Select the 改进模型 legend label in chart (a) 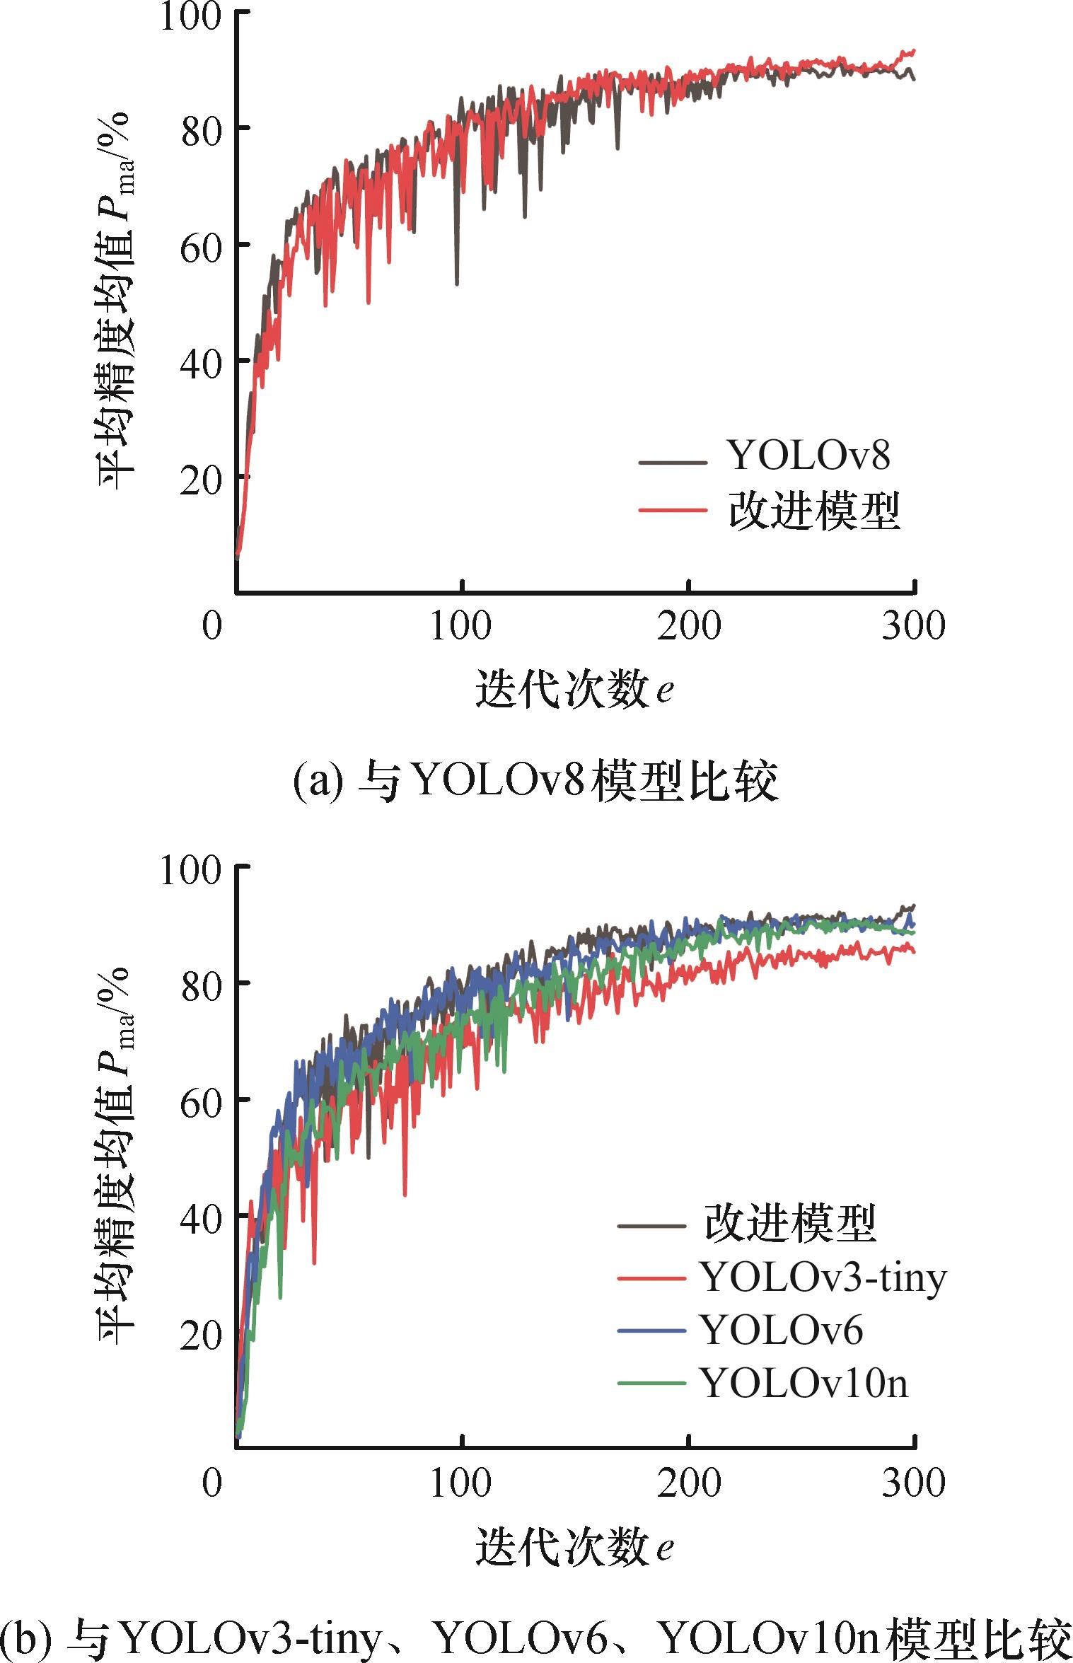coord(813,511)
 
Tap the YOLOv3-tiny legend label coord(823,1277)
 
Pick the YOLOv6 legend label coord(781,1331)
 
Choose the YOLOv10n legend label coord(804,1383)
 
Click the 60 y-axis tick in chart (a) coord(201,248)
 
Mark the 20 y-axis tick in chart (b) coord(201,1335)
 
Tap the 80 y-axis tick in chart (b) coord(201,986)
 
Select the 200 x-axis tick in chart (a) coord(688,625)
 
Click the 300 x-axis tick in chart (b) coord(913,1481)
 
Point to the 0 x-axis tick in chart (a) coord(212,625)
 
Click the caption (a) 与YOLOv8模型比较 coord(535,782)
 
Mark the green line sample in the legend coord(651,1384)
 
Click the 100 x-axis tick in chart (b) coord(460,1481)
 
